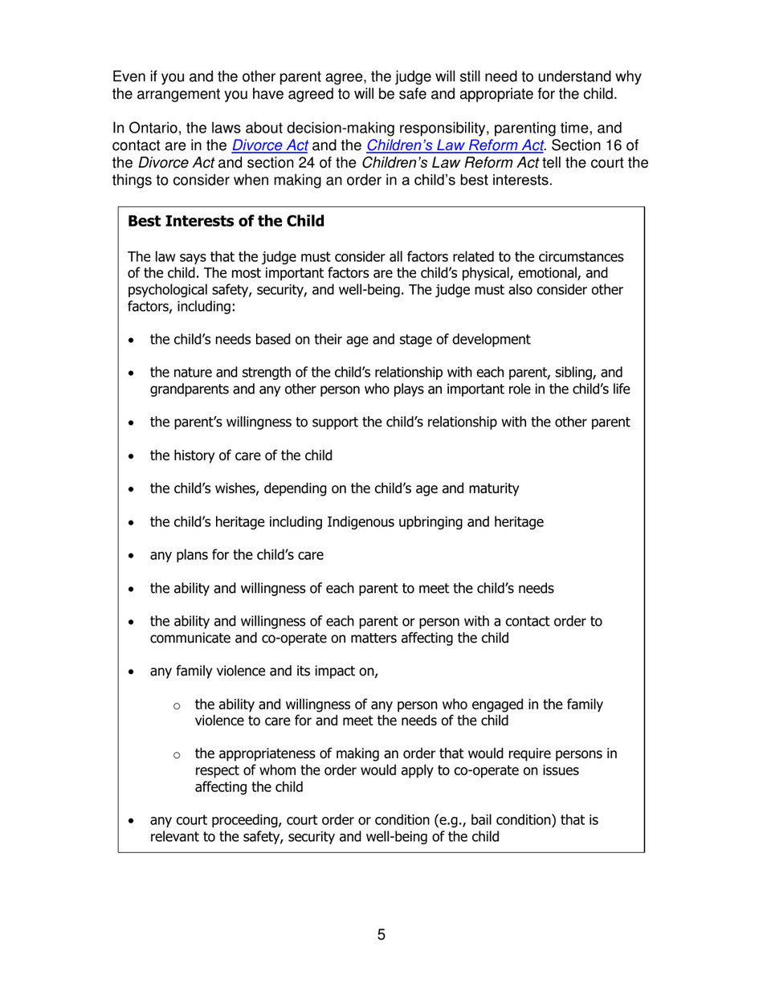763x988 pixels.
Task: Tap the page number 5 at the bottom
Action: pos(381,934)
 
